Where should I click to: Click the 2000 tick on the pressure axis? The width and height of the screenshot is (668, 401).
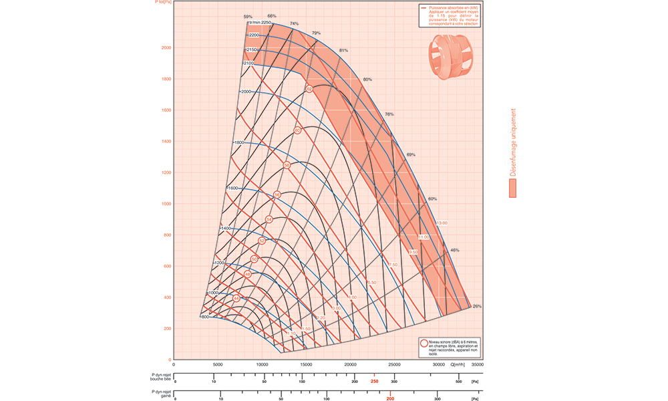(166, 47)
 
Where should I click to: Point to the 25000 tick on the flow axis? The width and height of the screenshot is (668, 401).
(395, 364)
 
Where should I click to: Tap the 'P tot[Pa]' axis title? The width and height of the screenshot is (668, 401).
(164, 3)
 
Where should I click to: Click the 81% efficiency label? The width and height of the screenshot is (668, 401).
(344, 51)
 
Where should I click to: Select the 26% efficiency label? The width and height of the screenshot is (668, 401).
(476, 306)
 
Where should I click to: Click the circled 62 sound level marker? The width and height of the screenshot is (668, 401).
(309, 89)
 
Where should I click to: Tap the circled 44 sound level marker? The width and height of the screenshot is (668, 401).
(236, 298)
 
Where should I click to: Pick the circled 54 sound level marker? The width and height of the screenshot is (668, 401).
(269, 219)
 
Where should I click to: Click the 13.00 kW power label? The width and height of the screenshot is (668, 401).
(441, 223)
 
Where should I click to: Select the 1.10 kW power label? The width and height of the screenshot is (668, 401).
(291, 333)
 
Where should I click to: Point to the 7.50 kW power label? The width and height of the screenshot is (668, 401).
(393, 265)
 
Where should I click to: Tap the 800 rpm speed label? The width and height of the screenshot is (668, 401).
(204, 317)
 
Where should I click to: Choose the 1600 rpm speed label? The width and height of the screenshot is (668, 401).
(232, 188)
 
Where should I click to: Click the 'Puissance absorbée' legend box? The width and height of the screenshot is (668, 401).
(450, 16)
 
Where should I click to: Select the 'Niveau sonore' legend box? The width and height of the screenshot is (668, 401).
(449, 347)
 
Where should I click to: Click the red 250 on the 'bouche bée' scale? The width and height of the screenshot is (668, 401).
(375, 382)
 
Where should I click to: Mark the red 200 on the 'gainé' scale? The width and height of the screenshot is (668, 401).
(390, 399)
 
